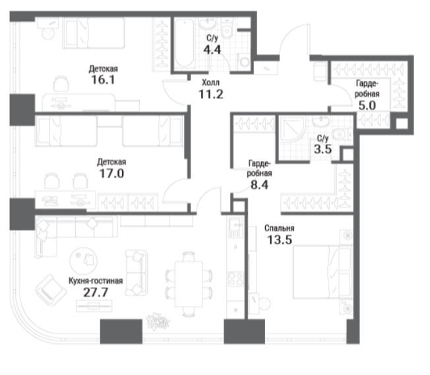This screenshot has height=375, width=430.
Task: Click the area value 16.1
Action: coord(103,80)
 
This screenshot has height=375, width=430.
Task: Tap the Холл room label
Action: coord(210,83)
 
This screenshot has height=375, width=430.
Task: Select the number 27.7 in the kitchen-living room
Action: coord(96,292)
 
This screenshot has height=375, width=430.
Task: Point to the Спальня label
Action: coord(280,228)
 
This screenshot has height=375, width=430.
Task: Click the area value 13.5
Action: coord(280,240)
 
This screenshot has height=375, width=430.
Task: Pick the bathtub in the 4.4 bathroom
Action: coord(185,44)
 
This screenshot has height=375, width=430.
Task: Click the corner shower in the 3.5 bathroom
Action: coord(292,129)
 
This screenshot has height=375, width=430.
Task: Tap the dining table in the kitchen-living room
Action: coord(189,284)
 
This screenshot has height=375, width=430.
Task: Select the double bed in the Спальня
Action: coord(322,272)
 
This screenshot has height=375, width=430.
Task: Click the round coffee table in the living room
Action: coord(83,260)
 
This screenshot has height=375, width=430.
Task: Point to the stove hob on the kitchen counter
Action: coord(235,279)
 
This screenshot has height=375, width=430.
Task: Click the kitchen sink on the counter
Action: coord(235,227)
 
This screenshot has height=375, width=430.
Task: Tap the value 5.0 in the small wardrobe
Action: coord(367,106)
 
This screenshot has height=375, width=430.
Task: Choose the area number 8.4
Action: coord(259,185)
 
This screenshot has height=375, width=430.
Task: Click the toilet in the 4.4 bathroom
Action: coord(228,29)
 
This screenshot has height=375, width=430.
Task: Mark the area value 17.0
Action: coord(111,174)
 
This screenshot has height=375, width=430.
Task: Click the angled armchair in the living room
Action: coord(51,290)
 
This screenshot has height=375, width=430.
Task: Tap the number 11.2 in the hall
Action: coord(210,94)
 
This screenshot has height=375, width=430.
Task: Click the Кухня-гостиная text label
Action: coord(96,281)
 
